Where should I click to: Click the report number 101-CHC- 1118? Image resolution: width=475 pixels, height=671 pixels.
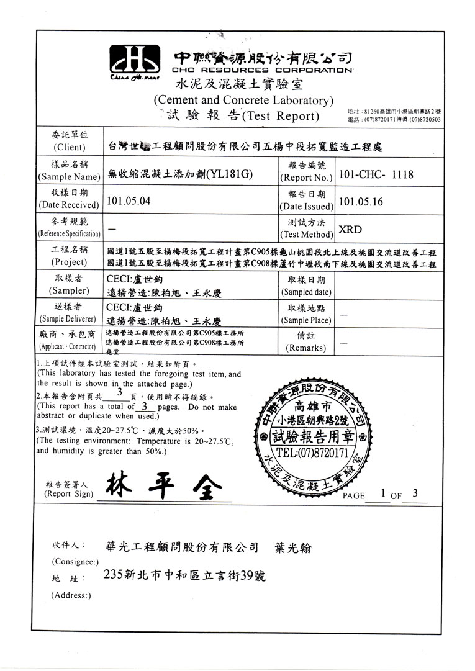(377, 175)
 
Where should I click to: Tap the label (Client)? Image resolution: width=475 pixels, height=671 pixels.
(70, 147)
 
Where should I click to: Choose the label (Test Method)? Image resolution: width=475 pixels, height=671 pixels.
(306, 234)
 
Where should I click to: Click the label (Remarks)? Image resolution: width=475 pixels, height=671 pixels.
(305, 348)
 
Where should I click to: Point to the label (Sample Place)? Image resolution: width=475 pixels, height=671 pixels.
(305, 320)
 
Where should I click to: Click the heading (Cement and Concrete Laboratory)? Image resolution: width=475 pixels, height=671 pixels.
(243, 100)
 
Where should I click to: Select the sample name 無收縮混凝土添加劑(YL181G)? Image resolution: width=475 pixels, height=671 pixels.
(179, 174)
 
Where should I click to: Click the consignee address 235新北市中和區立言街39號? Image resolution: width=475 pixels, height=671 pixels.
(186, 575)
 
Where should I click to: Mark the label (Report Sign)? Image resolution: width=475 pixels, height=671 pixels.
(69, 494)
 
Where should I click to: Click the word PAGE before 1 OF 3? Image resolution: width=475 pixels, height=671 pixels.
(354, 496)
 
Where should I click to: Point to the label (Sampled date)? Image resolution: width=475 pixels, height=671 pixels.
(306, 292)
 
